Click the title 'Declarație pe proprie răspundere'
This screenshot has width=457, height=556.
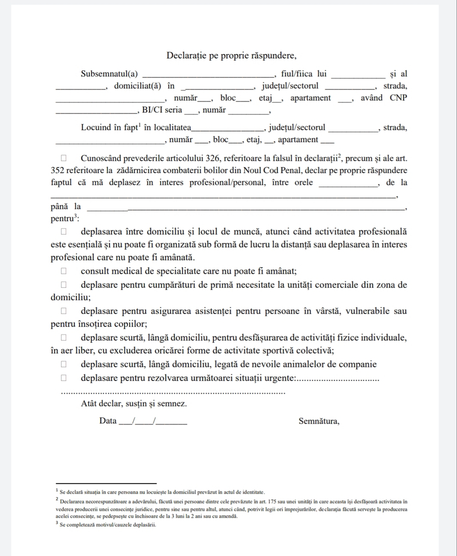tap(231, 56)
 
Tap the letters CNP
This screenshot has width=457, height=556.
tap(398, 98)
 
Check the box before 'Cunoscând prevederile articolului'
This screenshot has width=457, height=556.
tap(64, 158)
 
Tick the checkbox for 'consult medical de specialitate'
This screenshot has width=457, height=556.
tap(64, 271)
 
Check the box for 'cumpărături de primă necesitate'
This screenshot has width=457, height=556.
tap(64, 285)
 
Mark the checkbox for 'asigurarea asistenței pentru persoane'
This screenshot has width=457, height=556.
tap(64, 311)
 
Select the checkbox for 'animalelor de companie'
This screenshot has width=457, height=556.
tap(64, 365)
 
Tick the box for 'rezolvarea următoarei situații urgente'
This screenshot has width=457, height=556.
tap(64, 378)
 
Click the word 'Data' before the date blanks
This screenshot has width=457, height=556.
tap(108, 421)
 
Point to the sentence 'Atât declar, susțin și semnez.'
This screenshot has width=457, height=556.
tap(134, 404)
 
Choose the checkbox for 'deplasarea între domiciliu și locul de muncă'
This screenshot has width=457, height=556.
tap(64, 232)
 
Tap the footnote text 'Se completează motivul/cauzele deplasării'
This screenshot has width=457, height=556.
tap(108, 525)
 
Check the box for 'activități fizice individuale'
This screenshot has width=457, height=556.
tap(64, 337)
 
